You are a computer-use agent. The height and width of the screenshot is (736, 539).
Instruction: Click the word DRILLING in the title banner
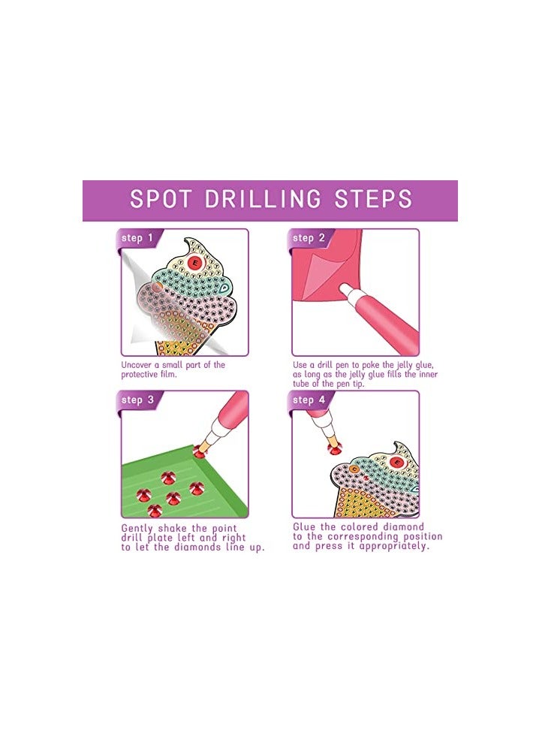coord(263,199)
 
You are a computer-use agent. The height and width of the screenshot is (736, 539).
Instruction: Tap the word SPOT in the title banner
coord(161,199)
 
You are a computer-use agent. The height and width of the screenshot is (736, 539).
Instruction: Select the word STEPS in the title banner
coord(373,199)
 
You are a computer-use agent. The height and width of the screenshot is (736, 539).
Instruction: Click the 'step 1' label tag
coord(137,239)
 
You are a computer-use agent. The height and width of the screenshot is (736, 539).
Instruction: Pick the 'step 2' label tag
coord(309,239)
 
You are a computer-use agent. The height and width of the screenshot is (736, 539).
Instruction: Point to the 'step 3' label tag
coord(137,400)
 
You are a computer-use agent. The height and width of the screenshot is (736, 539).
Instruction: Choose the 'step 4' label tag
coord(309,400)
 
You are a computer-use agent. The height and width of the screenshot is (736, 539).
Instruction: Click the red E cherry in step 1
coord(196,262)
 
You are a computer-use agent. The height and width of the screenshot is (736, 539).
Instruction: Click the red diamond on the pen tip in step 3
coord(200,451)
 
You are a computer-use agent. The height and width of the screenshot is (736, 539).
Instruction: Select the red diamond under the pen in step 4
coord(335,449)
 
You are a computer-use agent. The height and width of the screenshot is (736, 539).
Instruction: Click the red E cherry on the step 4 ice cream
coord(397,463)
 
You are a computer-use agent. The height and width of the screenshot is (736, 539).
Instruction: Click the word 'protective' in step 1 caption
coord(140,375)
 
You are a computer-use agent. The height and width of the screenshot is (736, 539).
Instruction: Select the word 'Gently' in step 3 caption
coord(137,529)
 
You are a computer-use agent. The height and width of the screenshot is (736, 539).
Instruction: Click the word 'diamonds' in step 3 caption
coord(196,547)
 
